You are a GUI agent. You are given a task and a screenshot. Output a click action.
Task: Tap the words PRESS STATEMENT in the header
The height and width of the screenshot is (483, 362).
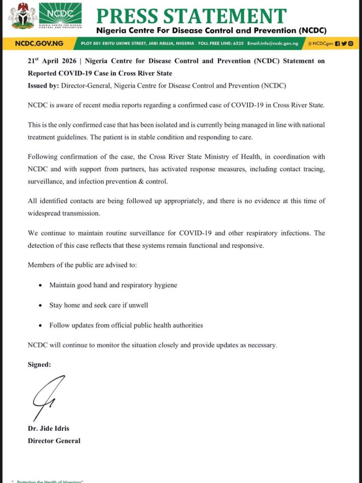(191, 15)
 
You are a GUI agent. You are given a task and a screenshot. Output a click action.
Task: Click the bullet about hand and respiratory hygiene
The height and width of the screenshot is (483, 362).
(113, 285)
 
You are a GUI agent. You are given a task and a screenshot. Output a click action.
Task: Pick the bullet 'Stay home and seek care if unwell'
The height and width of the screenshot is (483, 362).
(99, 305)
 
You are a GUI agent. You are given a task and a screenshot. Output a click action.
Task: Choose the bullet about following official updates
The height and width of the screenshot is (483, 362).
(126, 325)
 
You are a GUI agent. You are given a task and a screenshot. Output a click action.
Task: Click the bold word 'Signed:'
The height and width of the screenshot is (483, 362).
(39, 365)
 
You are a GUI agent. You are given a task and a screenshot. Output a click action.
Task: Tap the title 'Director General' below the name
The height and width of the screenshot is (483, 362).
(54, 441)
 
